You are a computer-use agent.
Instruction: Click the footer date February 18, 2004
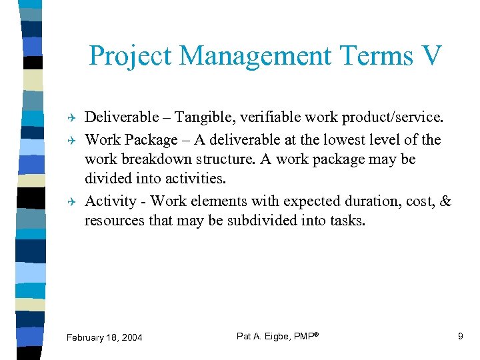105,337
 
